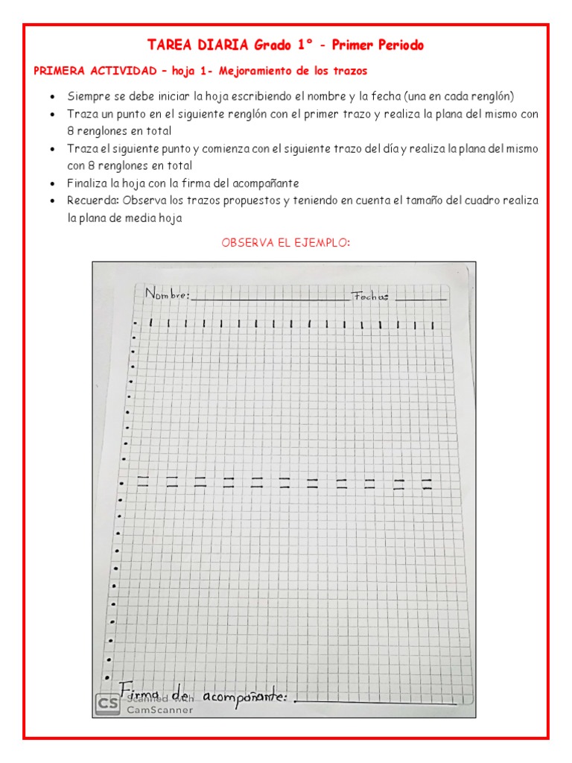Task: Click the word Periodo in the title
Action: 398,45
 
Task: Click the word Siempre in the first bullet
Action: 87,97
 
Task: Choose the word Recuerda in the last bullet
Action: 93,200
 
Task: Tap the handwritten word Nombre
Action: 168,295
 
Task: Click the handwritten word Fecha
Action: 370,296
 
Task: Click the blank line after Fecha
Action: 421,300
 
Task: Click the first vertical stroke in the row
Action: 150,323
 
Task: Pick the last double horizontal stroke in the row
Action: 427,484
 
